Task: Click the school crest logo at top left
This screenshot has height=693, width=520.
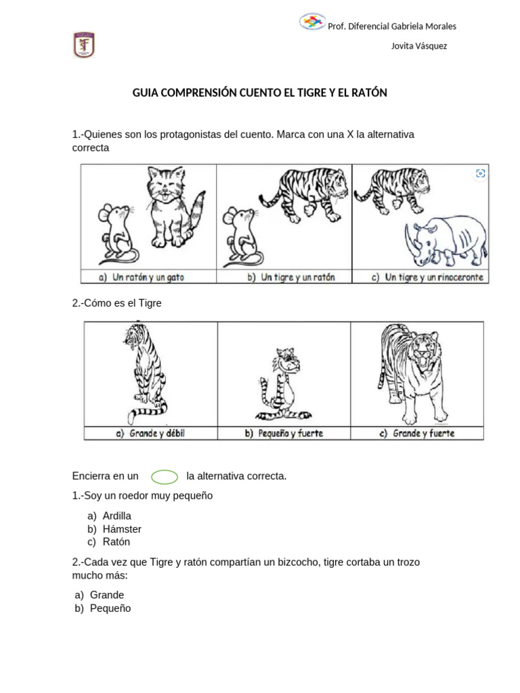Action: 84,45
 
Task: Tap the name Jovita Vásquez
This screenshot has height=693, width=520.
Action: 419,46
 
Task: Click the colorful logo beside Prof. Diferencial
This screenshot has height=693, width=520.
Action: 312,22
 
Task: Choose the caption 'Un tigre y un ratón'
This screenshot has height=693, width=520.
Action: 291,277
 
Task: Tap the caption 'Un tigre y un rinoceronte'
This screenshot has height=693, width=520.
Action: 429,277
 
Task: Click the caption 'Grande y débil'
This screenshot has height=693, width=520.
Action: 150,433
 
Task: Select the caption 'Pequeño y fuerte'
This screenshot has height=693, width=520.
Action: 284,433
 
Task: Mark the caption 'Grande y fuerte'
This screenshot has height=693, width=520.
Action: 417,433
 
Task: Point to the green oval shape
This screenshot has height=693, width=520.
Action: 165,476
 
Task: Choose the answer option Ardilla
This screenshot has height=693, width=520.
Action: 117,516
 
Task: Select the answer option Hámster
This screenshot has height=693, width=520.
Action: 122,529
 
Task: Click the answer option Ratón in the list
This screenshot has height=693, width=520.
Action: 116,542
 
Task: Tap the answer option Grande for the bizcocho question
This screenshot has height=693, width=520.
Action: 107,595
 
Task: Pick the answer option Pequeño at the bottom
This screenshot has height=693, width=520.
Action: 110,608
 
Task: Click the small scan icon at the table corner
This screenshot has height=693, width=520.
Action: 481,173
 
